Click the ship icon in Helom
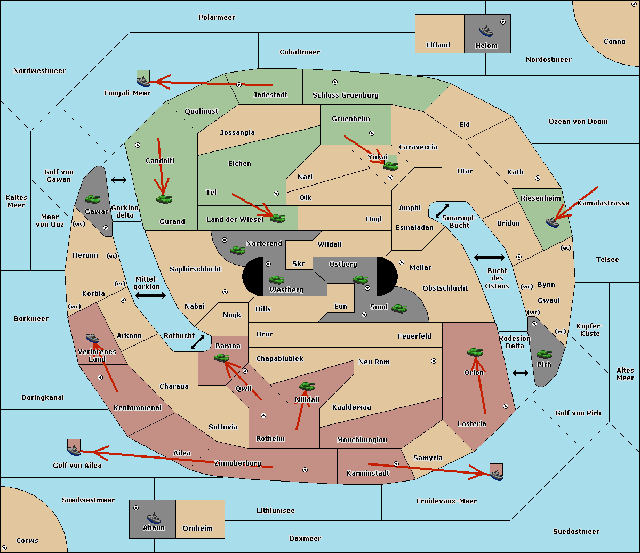(486, 31)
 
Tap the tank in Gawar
(93, 199)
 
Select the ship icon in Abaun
(154, 518)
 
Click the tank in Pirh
(544, 354)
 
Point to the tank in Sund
(399, 309)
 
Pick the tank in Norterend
(237, 250)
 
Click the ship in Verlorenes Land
(92, 338)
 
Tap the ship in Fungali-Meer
(143, 82)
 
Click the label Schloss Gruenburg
(345, 95)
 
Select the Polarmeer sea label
(217, 18)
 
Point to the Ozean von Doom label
(578, 122)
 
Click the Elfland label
(438, 45)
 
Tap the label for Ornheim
(197, 528)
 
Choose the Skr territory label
(299, 263)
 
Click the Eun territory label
(341, 306)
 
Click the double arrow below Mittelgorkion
(150, 295)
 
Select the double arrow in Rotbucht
(198, 342)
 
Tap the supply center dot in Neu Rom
(434, 361)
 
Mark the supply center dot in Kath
(538, 178)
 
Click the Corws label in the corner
(27, 541)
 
